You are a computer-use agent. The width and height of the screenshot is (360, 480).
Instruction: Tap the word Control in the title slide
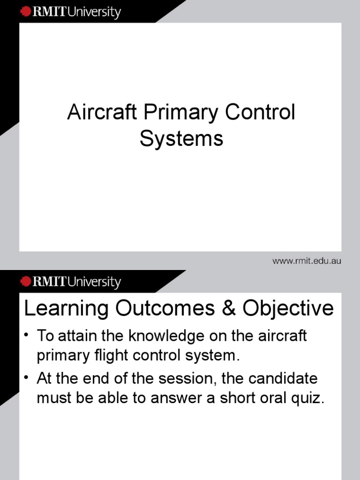pos(261,113)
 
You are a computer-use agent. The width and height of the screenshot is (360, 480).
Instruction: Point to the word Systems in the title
pos(181,139)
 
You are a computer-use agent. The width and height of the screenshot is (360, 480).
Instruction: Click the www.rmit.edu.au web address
pos(307,261)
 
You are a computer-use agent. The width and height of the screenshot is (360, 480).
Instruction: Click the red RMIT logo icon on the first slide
pos(25,11)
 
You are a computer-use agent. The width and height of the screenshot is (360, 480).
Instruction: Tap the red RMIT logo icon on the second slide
pos(25,281)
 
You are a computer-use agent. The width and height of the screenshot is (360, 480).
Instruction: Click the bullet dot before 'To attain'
pos(28,336)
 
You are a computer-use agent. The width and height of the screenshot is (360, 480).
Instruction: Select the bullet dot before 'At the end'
pos(28,377)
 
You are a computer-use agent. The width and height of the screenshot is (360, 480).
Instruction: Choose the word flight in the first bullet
pos(104,356)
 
